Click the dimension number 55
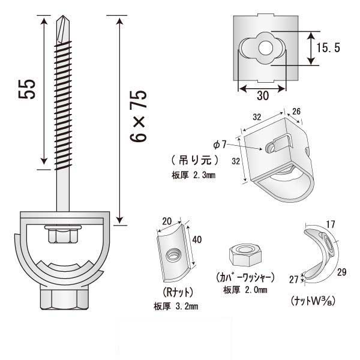click(x=29, y=89)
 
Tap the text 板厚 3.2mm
click(x=176, y=307)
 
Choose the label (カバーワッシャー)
click(x=244, y=277)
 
